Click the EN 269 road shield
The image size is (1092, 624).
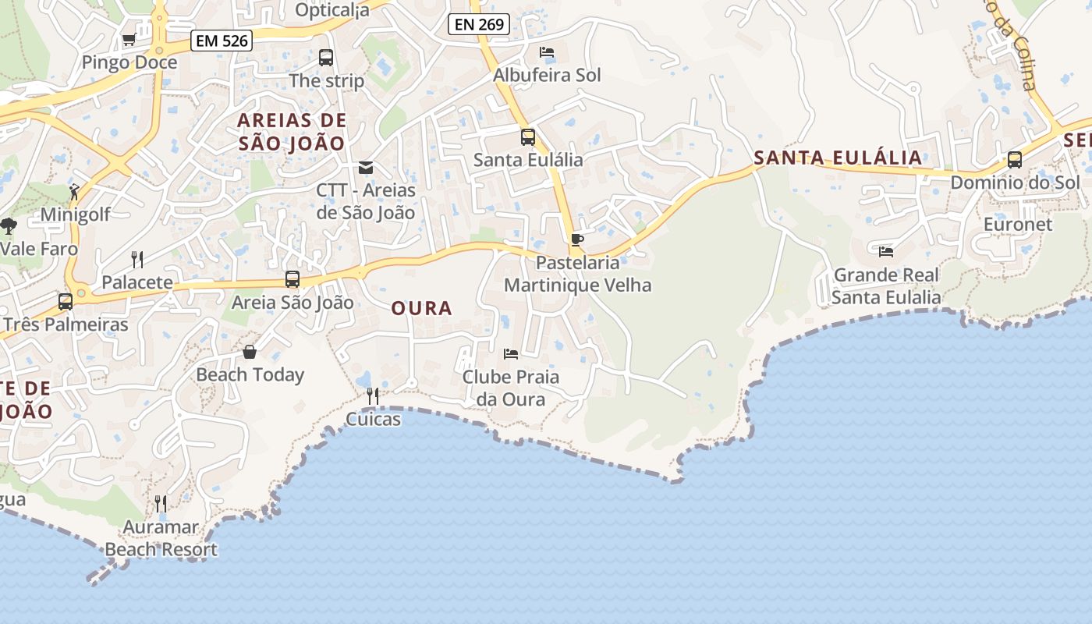[x=479, y=24]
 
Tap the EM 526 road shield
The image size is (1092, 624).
[x=222, y=41]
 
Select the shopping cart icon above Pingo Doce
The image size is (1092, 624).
[x=129, y=39]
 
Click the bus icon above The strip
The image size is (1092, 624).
[x=326, y=58]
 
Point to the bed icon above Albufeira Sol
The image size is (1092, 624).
[x=547, y=52]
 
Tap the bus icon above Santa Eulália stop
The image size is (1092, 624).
[x=528, y=137]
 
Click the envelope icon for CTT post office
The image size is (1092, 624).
[x=365, y=168]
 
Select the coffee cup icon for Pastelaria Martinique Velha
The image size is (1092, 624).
[x=577, y=239]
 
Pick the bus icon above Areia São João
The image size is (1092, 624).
[x=292, y=279]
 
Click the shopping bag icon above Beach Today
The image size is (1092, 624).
[x=250, y=352]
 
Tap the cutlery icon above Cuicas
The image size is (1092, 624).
[x=373, y=396]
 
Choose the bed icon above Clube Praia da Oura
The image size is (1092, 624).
[x=511, y=354]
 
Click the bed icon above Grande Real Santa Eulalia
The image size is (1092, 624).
[x=886, y=252]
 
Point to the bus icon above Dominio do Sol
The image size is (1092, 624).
[x=1015, y=160]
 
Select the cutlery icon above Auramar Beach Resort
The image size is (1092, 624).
[x=161, y=504]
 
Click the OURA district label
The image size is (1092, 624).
[x=422, y=308]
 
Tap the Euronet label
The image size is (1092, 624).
[x=1018, y=225]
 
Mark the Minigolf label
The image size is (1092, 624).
[x=76, y=214]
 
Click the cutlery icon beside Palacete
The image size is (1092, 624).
[x=137, y=259]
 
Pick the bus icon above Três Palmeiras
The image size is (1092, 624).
[x=66, y=301]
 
